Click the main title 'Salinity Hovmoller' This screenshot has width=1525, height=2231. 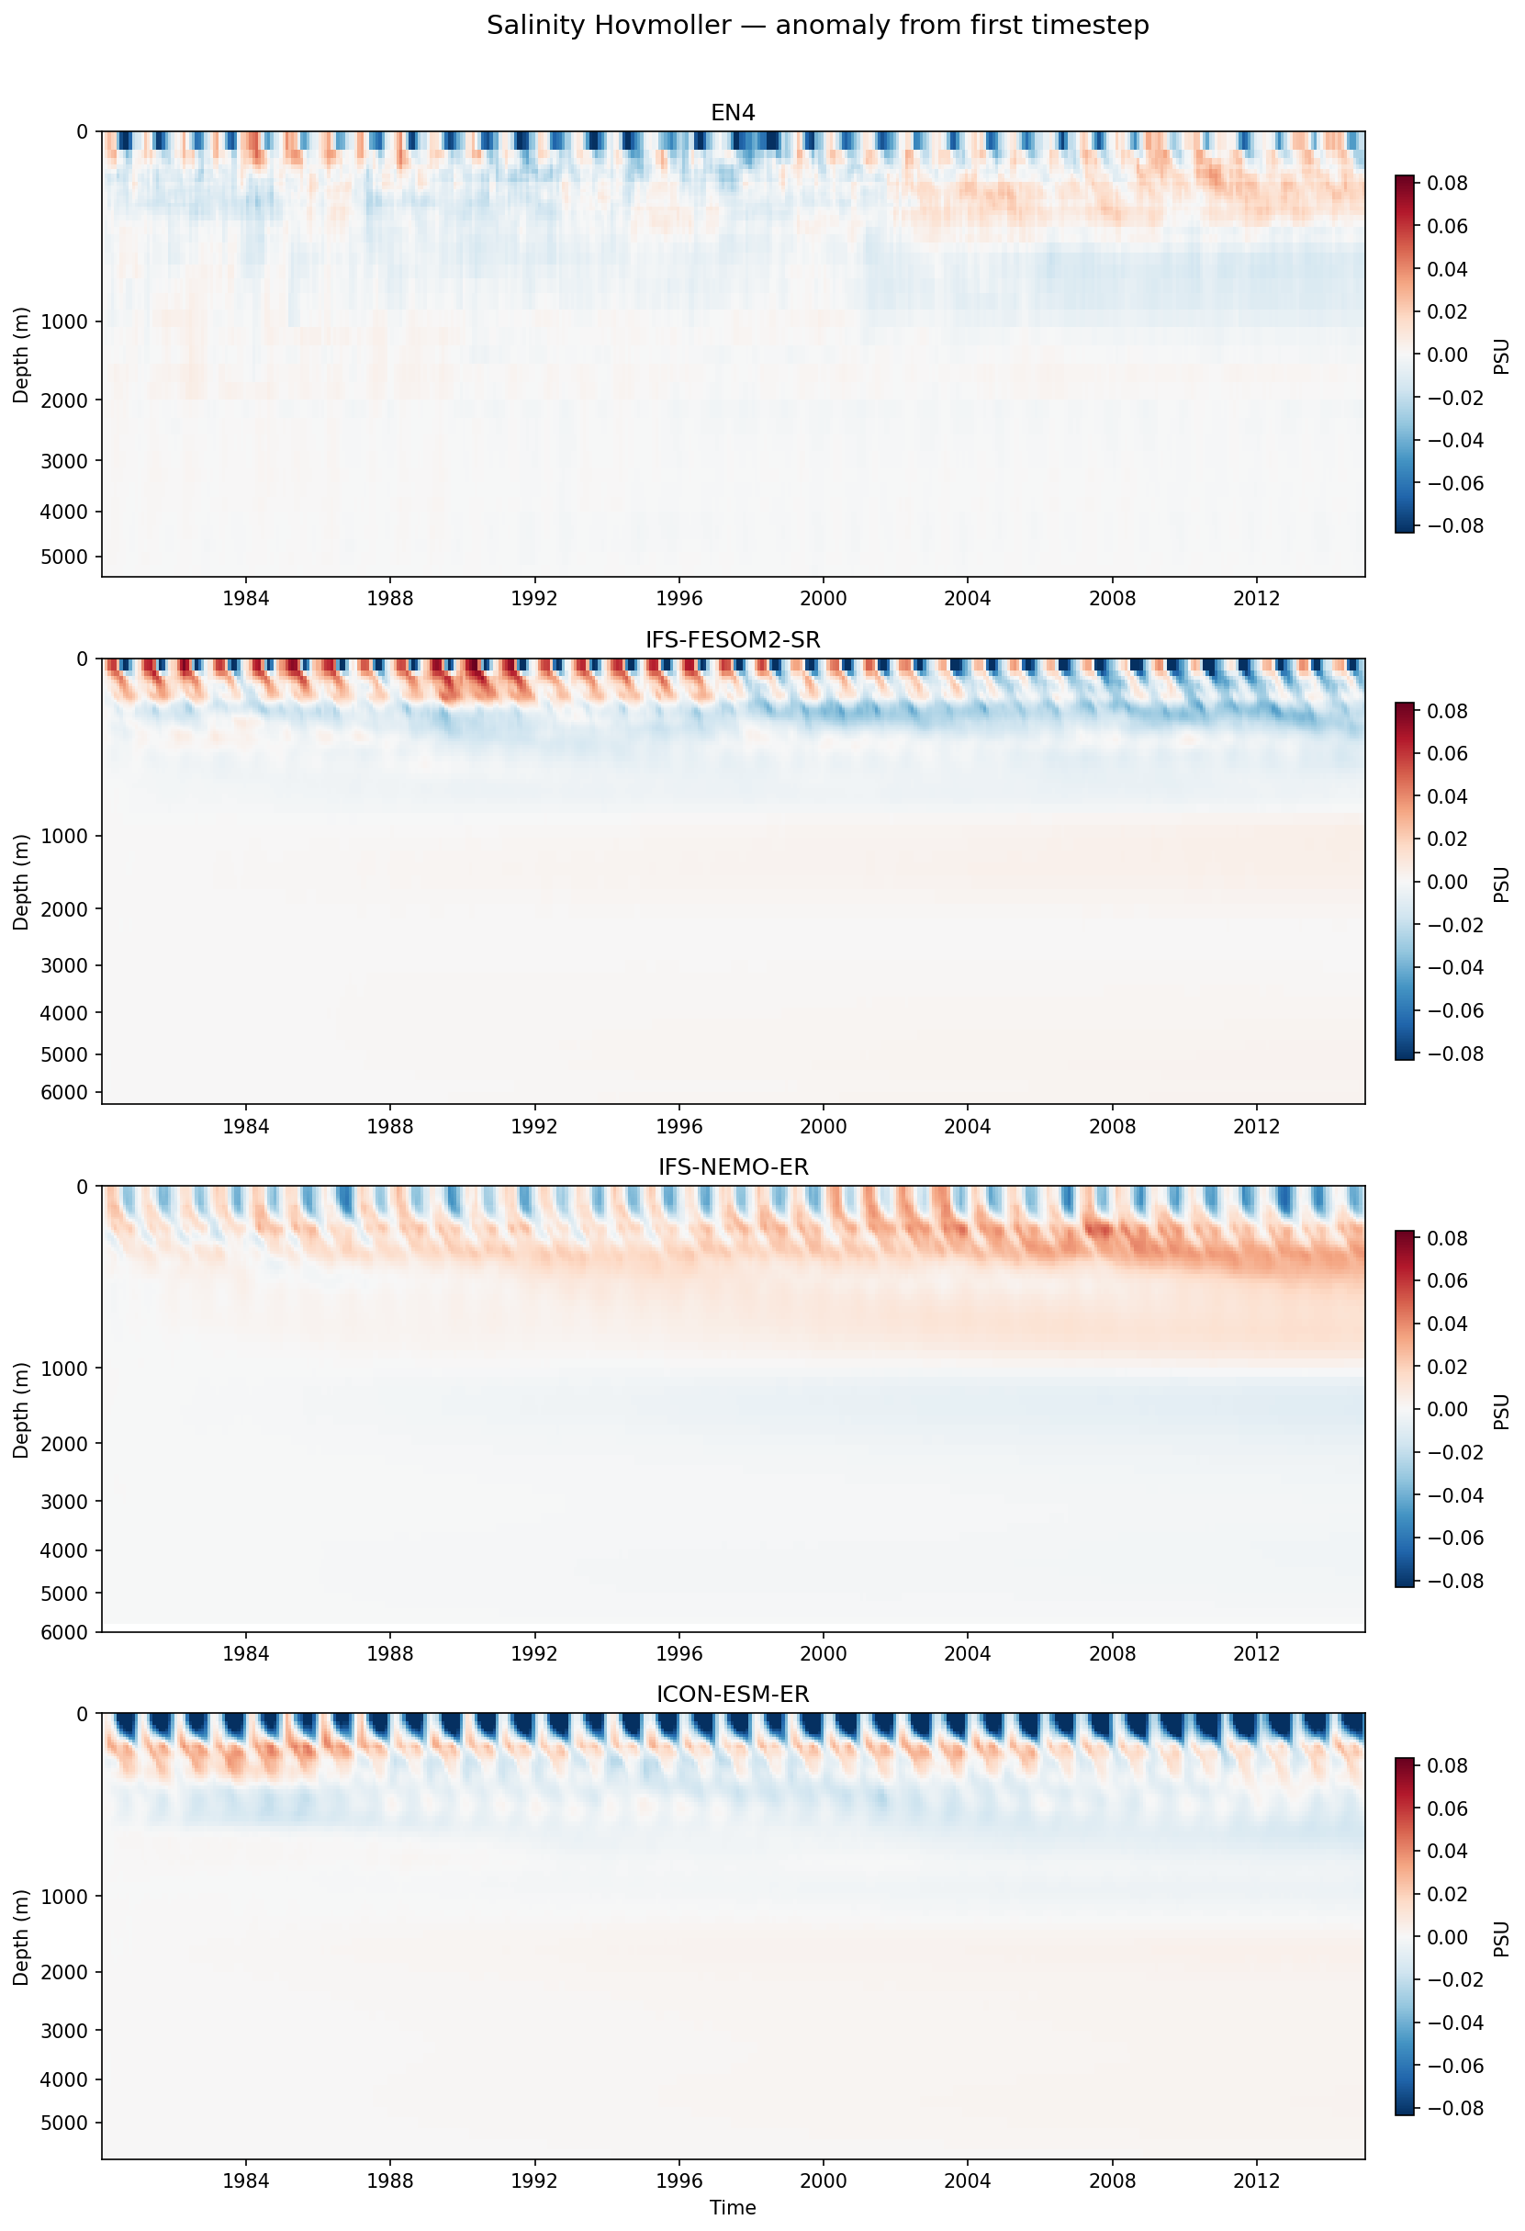tap(817, 26)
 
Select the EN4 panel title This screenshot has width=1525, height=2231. tap(733, 112)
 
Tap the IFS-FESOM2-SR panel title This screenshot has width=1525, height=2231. tap(733, 639)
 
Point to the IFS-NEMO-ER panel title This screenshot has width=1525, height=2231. tap(733, 1166)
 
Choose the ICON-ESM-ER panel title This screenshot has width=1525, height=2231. tap(733, 1695)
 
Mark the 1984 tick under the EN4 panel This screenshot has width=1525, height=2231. tap(246, 598)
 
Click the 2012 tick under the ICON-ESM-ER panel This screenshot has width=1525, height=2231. tap(1256, 2180)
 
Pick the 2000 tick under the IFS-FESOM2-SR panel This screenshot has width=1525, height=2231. tap(823, 1125)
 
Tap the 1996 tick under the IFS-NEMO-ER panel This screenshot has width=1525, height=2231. tap(678, 1653)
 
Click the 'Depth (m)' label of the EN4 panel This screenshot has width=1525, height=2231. tap(21, 355)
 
